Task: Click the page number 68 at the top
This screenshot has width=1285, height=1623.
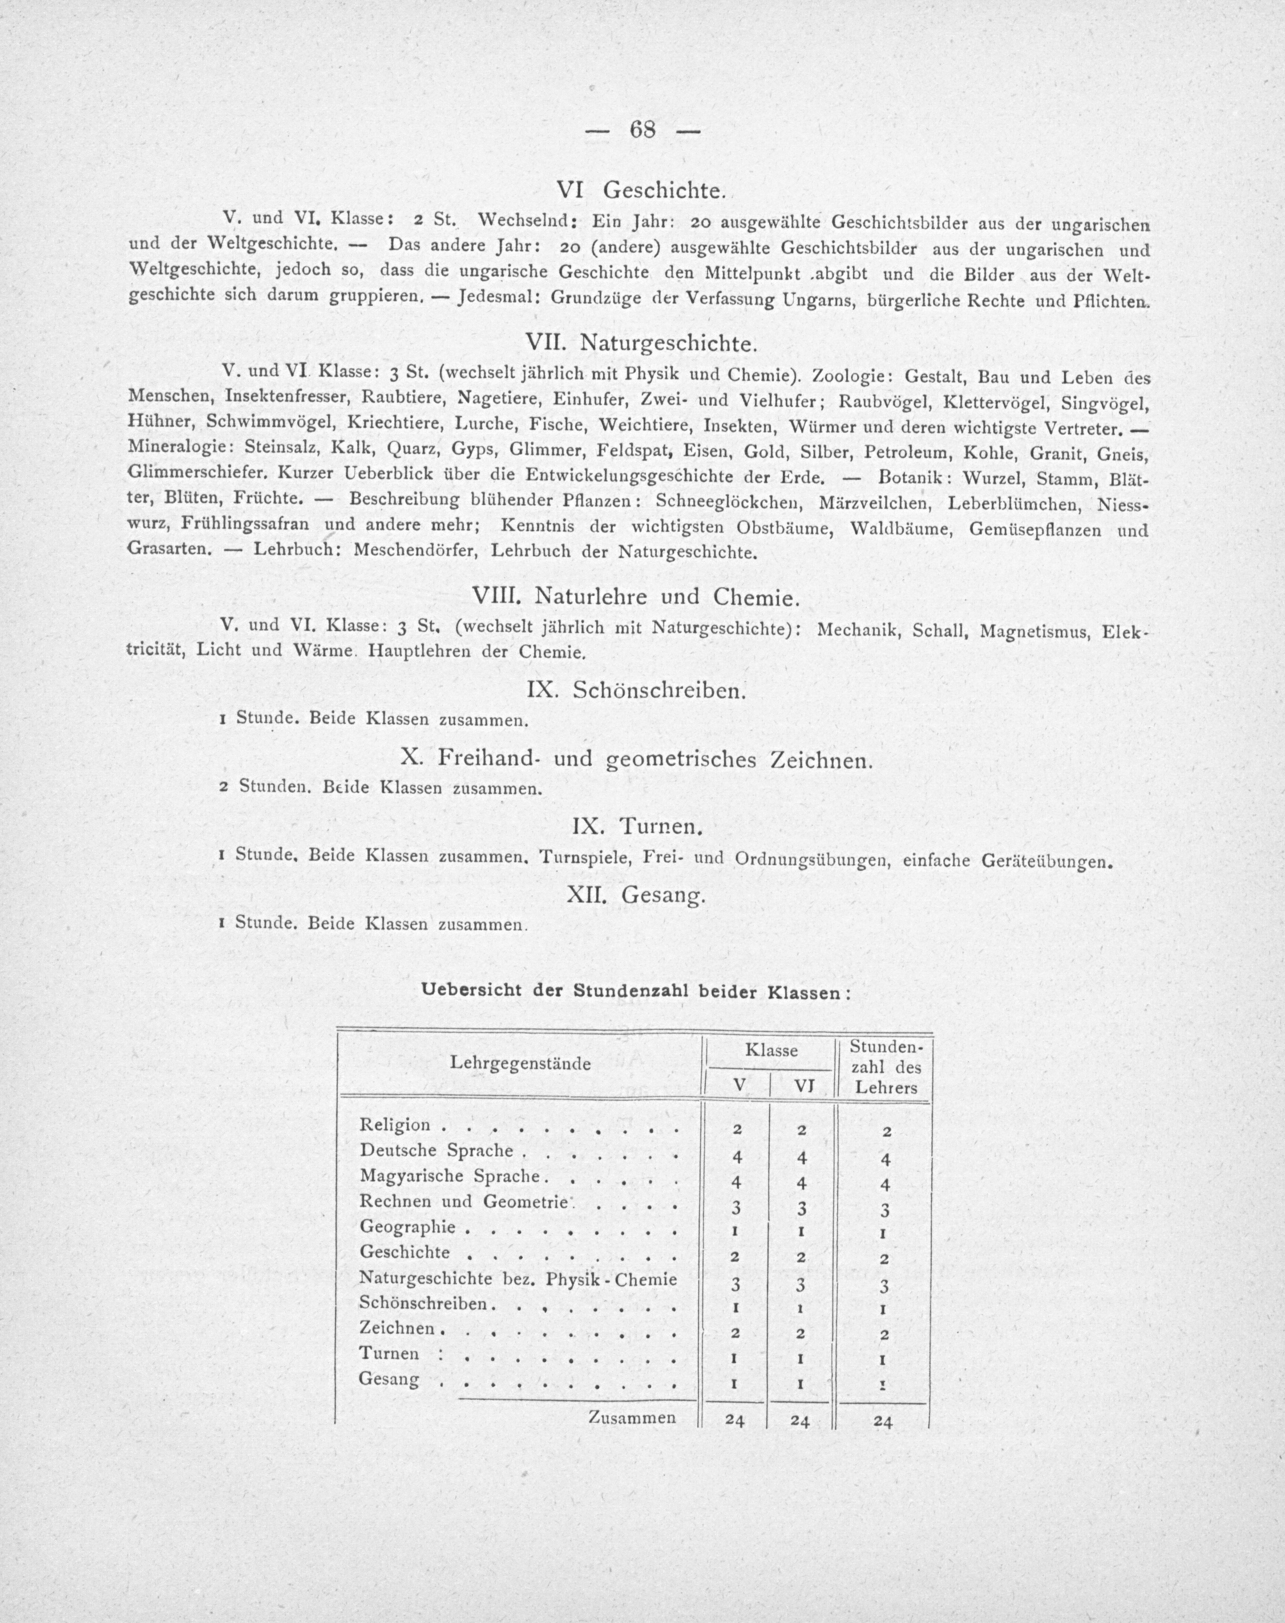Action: point(643,130)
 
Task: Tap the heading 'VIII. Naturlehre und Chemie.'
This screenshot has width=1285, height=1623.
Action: point(633,597)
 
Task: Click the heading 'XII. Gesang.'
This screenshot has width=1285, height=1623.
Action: point(636,895)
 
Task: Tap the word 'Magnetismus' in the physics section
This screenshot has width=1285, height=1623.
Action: point(1035,631)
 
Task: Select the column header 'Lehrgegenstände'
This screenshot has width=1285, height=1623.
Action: point(520,1064)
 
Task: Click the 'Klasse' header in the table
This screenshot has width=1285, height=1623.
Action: point(771,1051)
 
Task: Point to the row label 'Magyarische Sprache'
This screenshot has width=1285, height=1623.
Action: point(450,1174)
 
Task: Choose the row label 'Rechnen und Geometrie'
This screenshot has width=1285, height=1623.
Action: point(463,1201)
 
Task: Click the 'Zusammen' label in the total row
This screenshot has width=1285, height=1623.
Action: point(632,1418)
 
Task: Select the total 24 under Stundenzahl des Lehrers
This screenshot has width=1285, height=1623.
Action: point(883,1422)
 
